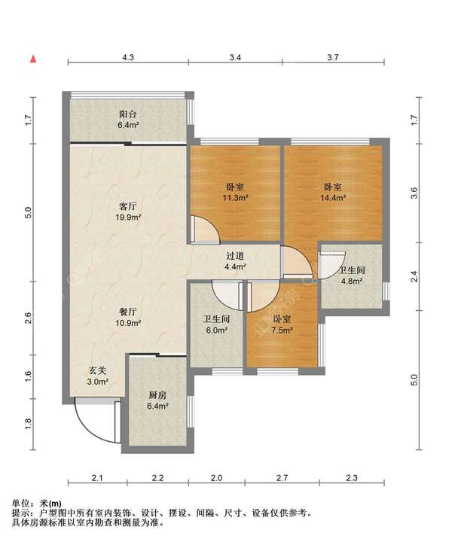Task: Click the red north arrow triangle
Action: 33,59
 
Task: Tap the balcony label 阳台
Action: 128,114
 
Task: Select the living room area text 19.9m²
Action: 128,218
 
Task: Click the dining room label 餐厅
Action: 128,312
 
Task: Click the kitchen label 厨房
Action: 157,395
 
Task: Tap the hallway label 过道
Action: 235,256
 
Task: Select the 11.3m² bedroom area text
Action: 235,198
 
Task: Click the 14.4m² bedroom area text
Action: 333,198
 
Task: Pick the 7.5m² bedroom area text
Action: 282,330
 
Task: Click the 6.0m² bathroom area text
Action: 216,330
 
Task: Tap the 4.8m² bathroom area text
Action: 352,282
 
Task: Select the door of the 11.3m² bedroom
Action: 206,230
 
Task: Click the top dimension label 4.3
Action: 128,57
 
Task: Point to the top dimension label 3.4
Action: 235,57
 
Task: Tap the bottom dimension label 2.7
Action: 282,478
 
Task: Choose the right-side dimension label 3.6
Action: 414,193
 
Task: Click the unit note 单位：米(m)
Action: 37,503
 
